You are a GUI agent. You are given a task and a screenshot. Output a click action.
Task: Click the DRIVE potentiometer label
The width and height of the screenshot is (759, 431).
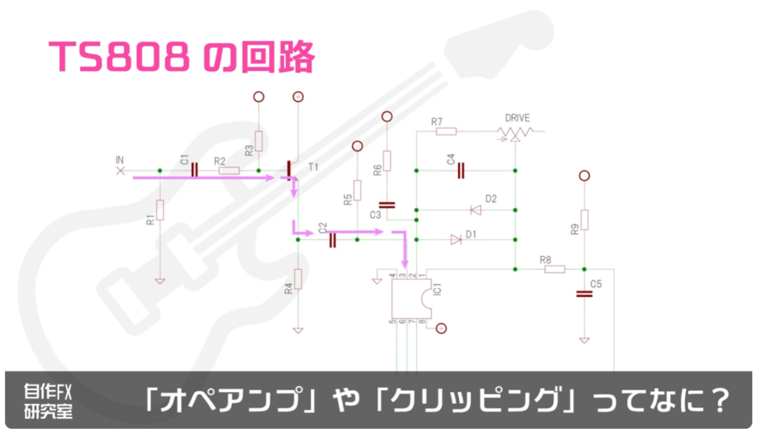tap(517, 118)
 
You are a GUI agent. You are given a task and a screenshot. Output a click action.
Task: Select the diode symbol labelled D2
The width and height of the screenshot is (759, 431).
tap(476, 210)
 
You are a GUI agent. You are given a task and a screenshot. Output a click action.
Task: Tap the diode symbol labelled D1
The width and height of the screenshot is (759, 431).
tap(456, 239)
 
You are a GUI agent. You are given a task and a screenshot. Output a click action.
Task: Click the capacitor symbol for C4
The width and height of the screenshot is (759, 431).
tap(461, 171)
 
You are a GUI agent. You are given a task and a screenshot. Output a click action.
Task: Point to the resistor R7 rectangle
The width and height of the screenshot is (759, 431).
tap(446, 131)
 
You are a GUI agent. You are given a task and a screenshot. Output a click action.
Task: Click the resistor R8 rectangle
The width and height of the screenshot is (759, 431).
tap(554, 269)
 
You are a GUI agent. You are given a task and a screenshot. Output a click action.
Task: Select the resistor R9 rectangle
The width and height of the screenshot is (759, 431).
tap(584, 220)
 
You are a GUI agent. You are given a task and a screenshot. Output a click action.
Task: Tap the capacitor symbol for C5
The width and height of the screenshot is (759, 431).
tap(584, 293)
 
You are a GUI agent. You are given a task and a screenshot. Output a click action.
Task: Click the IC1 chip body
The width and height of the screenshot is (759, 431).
tap(411, 298)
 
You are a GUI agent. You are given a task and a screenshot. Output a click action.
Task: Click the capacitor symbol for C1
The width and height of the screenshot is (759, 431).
tap(195, 170)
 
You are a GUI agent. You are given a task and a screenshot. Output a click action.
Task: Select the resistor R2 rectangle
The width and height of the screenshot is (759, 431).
tap(229, 171)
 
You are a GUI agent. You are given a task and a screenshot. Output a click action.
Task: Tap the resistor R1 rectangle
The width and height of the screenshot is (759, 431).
tap(160, 210)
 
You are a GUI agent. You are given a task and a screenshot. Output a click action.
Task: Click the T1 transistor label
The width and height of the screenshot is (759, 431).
tap(314, 167)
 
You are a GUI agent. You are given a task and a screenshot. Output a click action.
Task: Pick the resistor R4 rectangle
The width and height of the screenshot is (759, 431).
tap(298, 279)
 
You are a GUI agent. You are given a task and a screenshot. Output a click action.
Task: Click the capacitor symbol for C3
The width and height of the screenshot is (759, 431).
tap(387, 205)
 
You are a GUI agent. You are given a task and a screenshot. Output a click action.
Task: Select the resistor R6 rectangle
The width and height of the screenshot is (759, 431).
tap(387, 161)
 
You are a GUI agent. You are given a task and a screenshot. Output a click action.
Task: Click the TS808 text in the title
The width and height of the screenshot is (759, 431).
tap(119, 56)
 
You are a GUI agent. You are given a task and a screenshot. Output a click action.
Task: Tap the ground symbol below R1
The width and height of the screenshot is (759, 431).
tap(160, 281)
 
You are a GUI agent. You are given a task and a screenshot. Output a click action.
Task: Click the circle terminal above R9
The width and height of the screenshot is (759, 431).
tap(584, 176)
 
